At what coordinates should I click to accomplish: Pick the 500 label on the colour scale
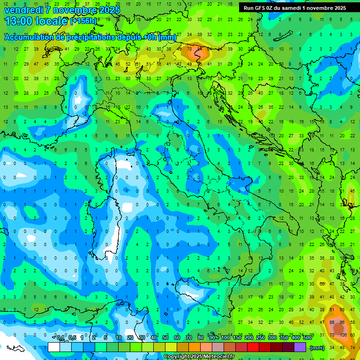click(x=307, y=338)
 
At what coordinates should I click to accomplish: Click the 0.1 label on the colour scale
click(x=60, y=338)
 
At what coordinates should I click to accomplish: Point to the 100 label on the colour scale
click(x=225, y=338)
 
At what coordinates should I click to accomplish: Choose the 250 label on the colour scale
click(x=261, y=338)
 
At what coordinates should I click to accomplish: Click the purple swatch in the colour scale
click(x=300, y=347)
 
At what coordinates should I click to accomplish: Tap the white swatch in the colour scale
click(x=54, y=347)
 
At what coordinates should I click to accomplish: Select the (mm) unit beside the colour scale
click(x=317, y=347)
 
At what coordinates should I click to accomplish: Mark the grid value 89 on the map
click(x=332, y=322)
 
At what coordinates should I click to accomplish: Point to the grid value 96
click(x=342, y=322)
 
